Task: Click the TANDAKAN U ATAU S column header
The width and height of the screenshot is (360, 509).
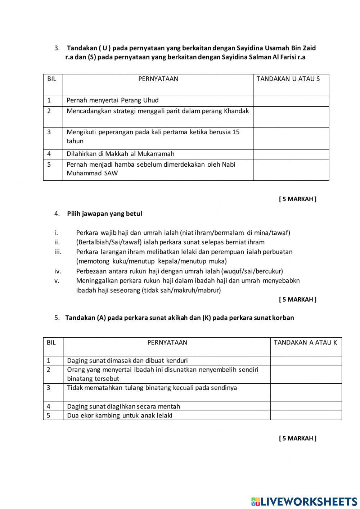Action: click(288, 79)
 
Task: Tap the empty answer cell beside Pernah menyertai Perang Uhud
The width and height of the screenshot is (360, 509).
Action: click(291, 101)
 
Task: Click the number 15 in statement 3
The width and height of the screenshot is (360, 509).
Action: click(236, 132)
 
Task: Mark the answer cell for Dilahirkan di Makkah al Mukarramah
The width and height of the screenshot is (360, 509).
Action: click(291, 154)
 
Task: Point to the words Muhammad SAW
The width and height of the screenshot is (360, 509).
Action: click(92, 173)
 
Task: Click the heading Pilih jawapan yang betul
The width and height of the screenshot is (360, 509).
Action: click(104, 214)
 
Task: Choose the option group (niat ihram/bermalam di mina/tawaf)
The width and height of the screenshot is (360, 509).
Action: click(235, 233)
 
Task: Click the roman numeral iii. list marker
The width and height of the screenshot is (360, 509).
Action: click(58, 252)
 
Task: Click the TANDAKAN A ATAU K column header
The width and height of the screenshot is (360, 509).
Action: click(305, 343)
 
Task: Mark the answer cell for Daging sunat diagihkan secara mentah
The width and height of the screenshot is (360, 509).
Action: click(306, 406)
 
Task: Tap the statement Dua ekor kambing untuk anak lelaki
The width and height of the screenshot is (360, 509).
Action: click(120, 415)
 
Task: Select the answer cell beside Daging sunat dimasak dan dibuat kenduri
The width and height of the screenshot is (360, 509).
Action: click(306, 361)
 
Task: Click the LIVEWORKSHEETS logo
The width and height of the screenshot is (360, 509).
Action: click(304, 501)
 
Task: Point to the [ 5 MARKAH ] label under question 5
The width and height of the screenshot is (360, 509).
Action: click(297, 438)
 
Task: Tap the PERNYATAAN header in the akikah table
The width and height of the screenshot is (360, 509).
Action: click(167, 343)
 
